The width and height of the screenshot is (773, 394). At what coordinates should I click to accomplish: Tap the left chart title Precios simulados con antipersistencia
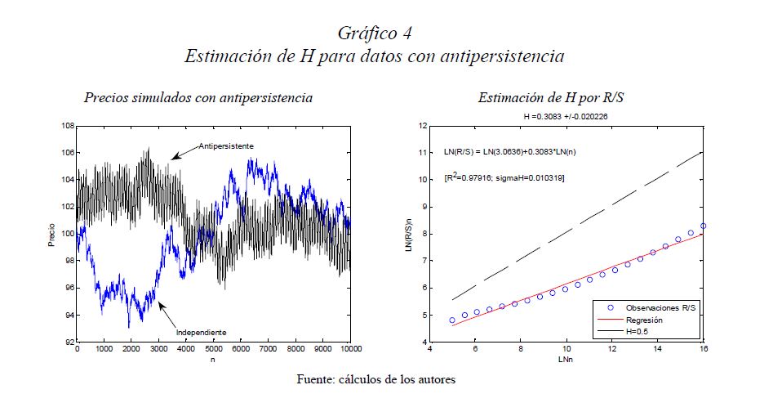(x=198, y=98)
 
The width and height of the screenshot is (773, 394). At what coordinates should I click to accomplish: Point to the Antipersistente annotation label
(x=227, y=146)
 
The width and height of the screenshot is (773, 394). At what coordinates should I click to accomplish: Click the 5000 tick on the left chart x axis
(x=213, y=349)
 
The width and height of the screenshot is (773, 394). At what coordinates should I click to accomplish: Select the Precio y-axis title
(x=51, y=234)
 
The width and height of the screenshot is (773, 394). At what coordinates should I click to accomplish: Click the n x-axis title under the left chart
(x=213, y=359)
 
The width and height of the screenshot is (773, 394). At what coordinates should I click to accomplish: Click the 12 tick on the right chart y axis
(x=423, y=126)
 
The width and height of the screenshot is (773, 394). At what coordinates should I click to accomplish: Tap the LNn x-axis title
(x=564, y=359)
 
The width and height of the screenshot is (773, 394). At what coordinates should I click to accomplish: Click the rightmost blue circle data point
(x=703, y=226)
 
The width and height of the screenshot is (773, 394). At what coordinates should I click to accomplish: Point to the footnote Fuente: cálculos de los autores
(x=375, y=378)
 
